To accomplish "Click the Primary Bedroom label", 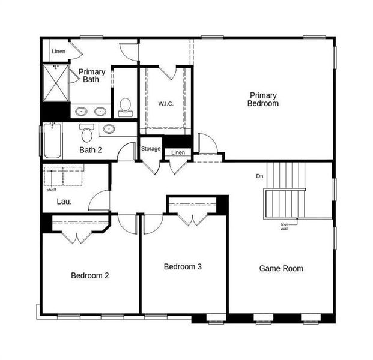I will pos(264,100).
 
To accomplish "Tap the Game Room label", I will pos(281,268).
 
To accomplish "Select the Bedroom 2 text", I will pos(90,276).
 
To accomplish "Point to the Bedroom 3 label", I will pos(183,266).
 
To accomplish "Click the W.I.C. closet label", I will pos(166,104).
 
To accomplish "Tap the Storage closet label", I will pos(151,149).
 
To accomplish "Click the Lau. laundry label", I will pos(64,202).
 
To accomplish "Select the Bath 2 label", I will pos(91,149).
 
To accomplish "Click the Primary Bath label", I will pos(92,76).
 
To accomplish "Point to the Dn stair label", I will pos(259,176).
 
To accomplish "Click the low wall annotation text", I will pos(284,227).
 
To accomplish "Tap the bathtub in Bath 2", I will pos(52,141).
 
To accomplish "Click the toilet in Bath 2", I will pos(87,133).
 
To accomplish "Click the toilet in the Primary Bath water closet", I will pos(126,107).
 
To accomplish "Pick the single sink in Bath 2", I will pos(109,128).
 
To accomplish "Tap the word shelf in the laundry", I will pos(51,190).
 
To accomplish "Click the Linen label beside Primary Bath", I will pos(58,52).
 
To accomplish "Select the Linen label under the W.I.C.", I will pos(178,153).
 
